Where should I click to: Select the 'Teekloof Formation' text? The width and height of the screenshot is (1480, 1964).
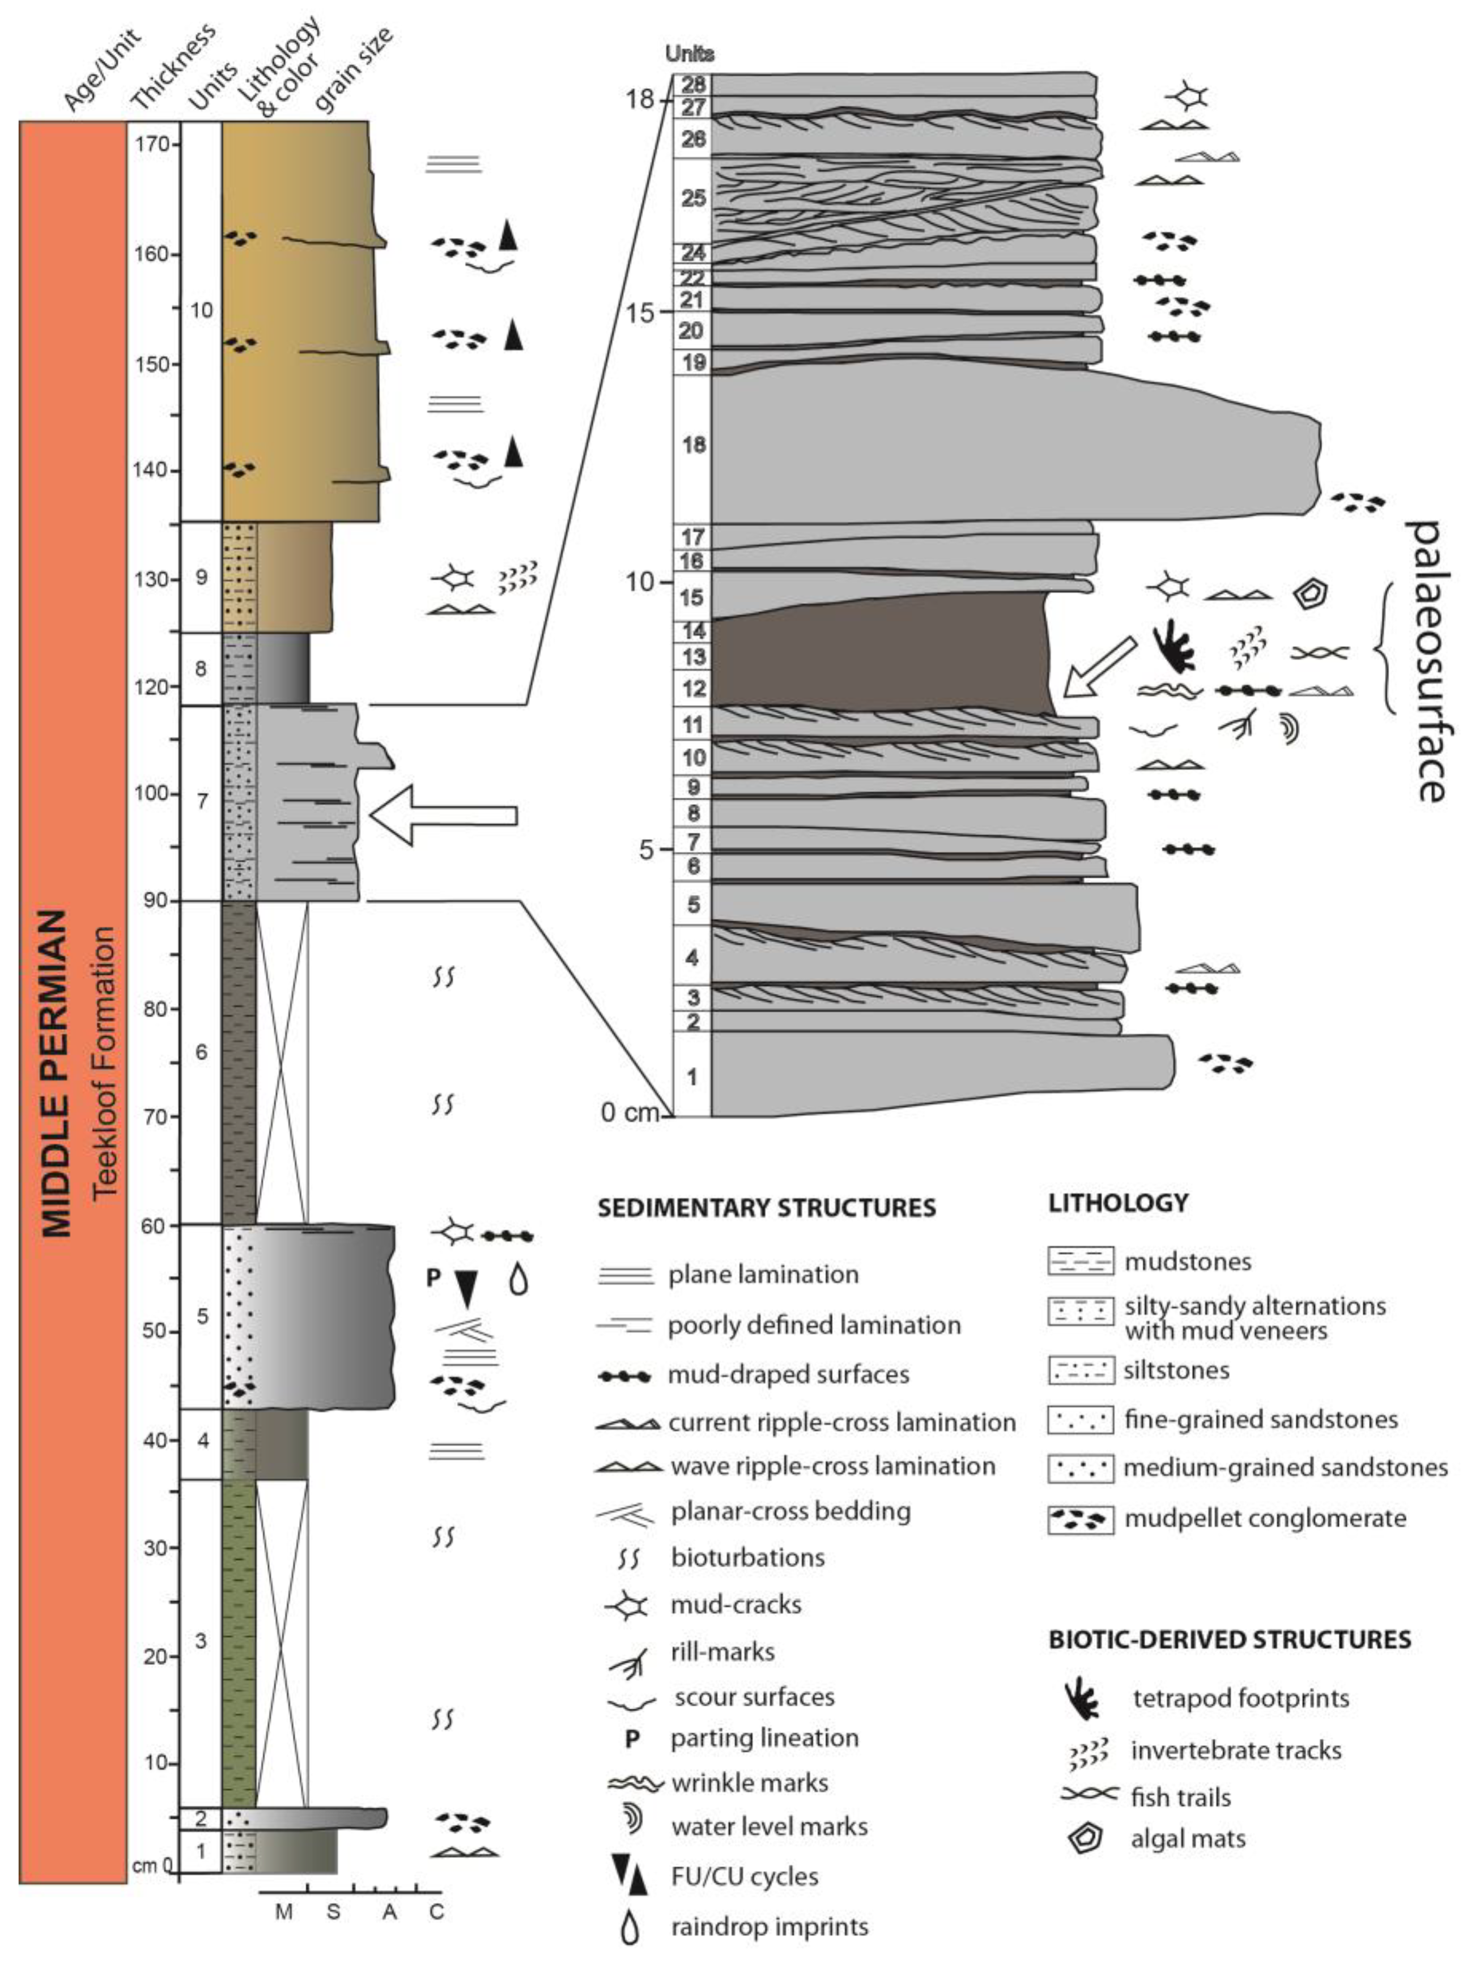coord(105,1062)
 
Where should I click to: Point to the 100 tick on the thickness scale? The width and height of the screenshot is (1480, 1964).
coord(153,793)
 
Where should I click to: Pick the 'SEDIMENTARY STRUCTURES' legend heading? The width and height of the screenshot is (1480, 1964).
coord(765,1208)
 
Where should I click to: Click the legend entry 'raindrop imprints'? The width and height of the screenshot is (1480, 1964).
coord(769,1927)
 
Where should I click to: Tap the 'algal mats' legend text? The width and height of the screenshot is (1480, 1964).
coord(1188,1839)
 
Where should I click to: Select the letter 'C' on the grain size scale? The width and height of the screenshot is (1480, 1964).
coord(436,1911)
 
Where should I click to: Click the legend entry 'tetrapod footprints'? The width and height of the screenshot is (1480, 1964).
coord(1240,1698)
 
